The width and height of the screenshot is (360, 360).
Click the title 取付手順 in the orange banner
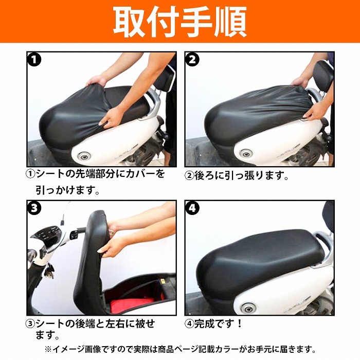(179, 22)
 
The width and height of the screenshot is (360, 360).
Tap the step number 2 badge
(193, 60)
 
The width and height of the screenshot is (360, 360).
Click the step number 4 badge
(193, 209)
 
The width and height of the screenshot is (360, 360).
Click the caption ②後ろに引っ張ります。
(237, 175)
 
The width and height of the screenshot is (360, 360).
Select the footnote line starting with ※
(180, 349)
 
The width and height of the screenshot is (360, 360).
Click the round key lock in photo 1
(83, 156)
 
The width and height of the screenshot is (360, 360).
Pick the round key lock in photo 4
(249, 307)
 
